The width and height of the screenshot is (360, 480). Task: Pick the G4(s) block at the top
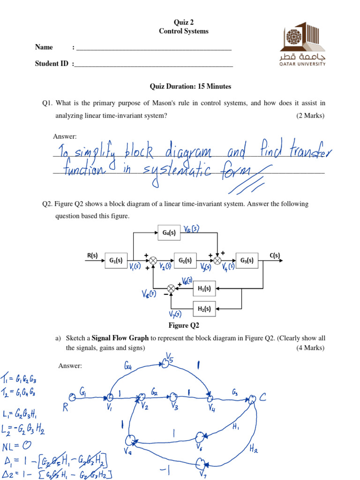169,232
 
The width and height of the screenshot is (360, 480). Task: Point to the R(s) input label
92,255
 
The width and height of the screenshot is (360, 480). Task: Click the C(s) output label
274,255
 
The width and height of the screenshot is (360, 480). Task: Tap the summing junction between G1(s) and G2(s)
153,261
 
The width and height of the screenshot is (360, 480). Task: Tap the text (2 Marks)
310,116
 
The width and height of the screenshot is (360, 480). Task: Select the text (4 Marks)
310,348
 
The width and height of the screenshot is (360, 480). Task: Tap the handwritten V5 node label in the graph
170,360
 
